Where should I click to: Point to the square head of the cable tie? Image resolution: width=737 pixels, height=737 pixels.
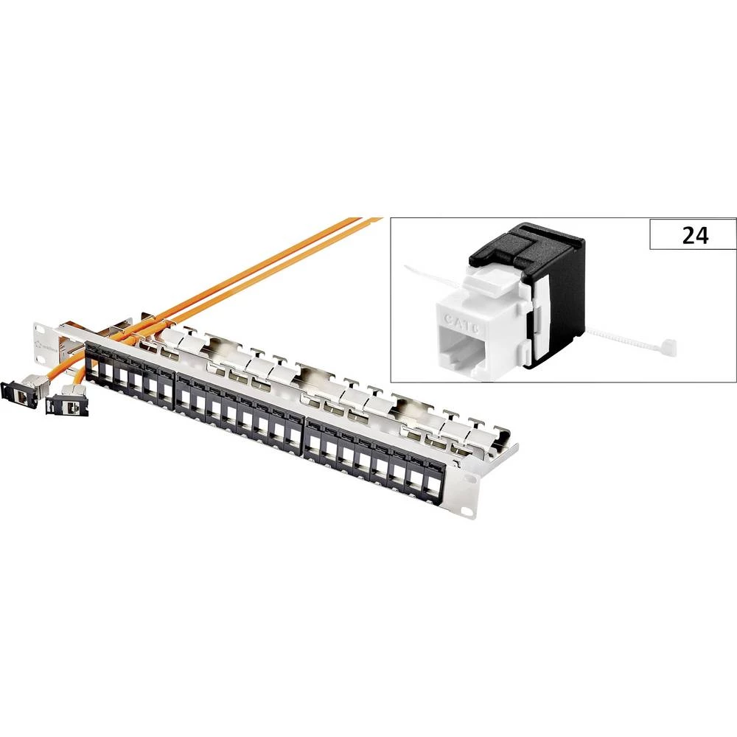coord(669,345)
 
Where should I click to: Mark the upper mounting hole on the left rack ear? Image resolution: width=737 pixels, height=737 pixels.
coord(38,325)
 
